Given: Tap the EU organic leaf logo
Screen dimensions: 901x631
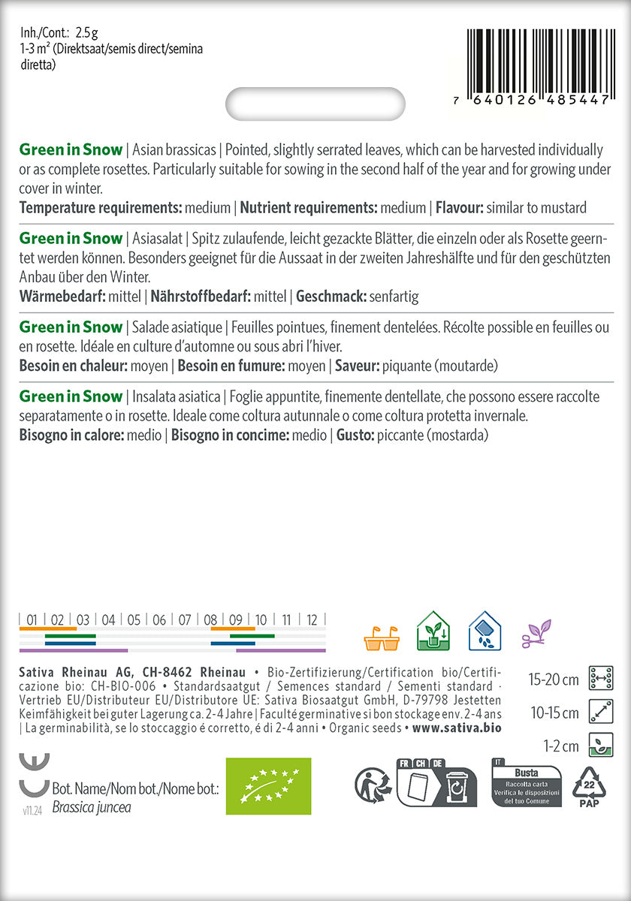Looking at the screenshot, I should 268,786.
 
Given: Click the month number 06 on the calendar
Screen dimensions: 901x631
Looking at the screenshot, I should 159,620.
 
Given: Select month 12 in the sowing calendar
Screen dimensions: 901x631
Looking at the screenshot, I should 312,620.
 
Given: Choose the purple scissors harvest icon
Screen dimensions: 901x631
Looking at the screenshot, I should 536,633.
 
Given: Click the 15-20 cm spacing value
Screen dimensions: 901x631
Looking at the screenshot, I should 554,680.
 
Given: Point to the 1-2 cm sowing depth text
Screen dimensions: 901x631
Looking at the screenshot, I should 560,746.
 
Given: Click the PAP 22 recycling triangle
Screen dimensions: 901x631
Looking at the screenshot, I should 590,786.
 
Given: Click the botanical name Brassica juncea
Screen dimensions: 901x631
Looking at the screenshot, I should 92,808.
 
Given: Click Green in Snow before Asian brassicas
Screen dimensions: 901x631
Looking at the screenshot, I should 71,149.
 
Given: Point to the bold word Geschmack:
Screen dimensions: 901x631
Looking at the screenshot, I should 331,297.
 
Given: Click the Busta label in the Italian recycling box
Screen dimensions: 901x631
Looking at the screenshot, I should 526,773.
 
